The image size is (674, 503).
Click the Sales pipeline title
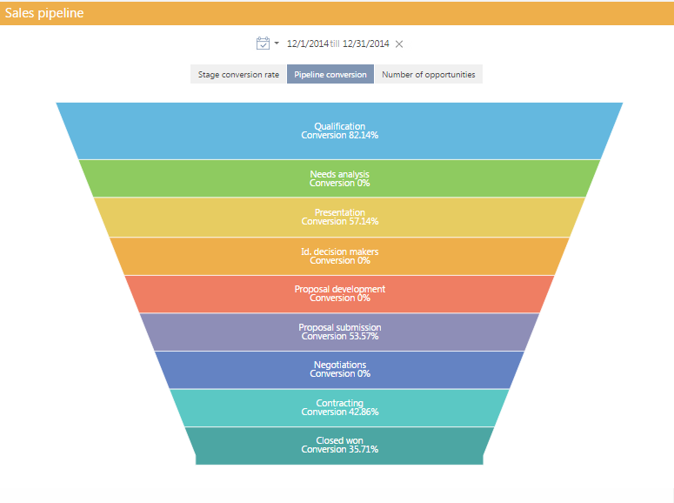coord(44,13)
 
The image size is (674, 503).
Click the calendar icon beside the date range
coord(264,44)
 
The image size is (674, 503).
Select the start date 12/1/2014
coord(308,44)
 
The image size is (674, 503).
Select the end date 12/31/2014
coord(365,44)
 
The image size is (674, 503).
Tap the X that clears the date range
coord(399,44)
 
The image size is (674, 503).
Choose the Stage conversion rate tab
coord(238,75)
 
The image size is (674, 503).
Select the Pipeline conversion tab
coord(330,75)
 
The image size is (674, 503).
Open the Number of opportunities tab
coord(428,75)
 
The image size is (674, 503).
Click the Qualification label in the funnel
coord(339,126)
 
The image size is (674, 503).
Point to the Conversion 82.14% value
coord(339,136)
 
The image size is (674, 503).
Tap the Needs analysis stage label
coord(339,174)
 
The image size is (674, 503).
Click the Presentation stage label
coord(339,212)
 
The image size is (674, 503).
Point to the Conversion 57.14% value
coord(339,222)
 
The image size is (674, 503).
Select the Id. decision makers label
coord(339,251)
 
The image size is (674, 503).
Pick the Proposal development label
coord(339,289)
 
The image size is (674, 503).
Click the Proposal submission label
coord(339,327)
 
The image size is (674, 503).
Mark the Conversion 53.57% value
coord(339,337)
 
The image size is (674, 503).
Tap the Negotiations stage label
coord(339,365)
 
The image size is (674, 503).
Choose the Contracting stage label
coord(339,403)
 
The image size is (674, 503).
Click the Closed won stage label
coord(339,440)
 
